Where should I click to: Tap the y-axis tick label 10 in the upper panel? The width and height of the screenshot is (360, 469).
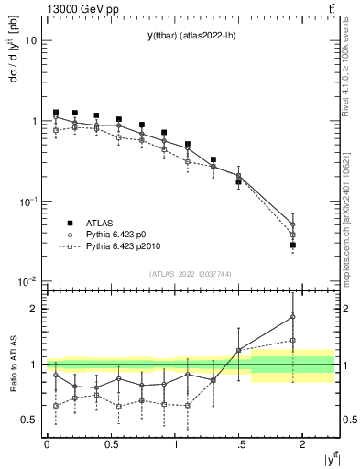[x=31, y=40]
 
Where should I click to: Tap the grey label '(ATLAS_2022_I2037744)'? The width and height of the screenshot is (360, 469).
[x=191, y=274]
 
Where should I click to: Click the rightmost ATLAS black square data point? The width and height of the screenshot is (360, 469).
[x=292, y=245]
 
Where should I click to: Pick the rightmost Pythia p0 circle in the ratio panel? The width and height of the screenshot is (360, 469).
[x=292, y=317]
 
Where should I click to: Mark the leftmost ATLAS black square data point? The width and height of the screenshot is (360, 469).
[x=56, y=113]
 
